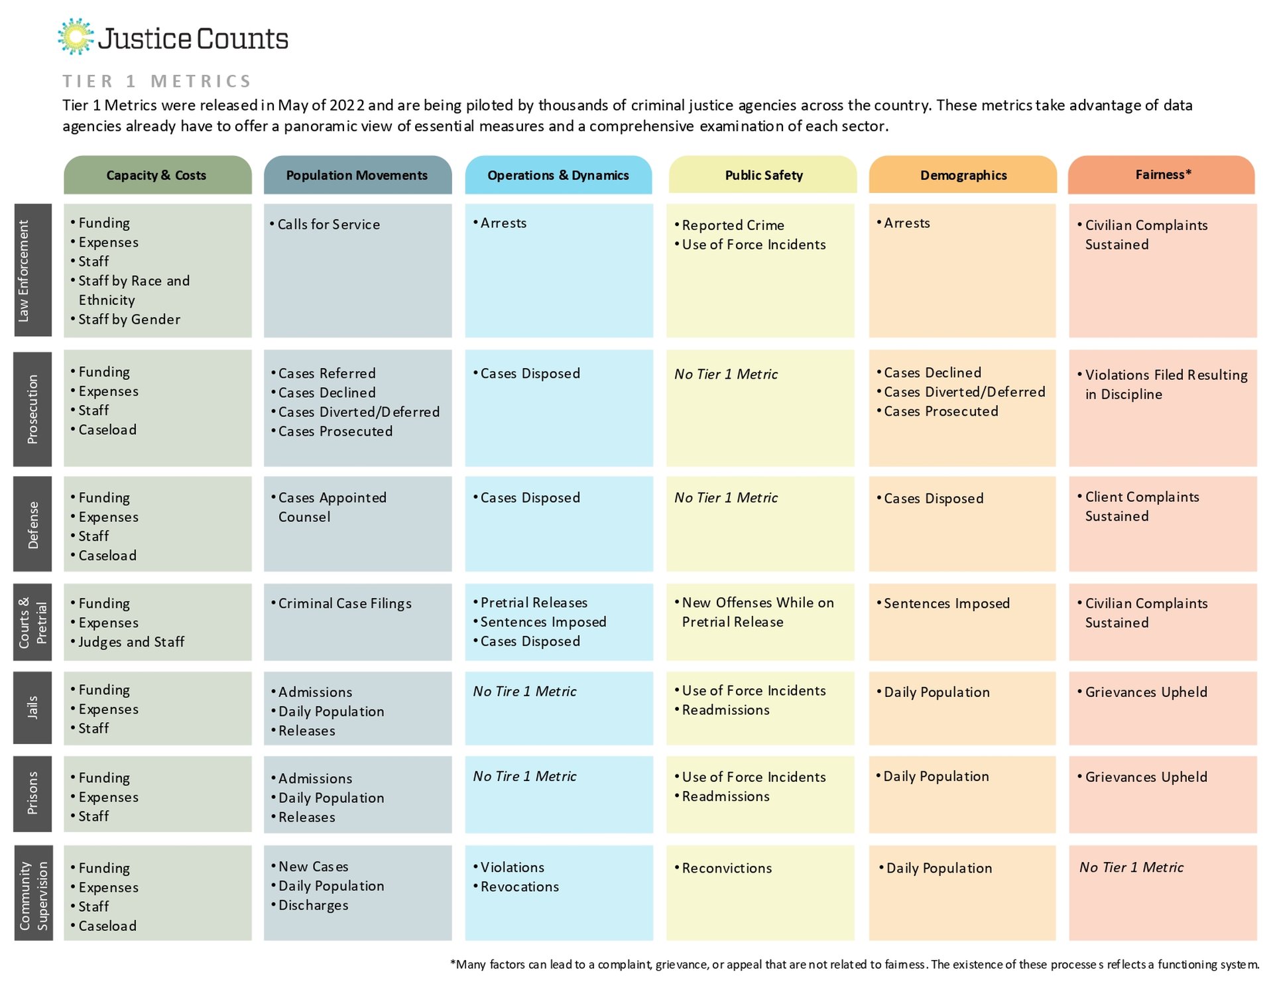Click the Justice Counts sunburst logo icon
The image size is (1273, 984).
click(76, 36)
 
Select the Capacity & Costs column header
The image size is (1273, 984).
click(158, 175)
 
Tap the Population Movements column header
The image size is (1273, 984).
click(357, 175)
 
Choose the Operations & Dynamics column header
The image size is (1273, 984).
click(558, 175)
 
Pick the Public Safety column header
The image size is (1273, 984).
click(762, 175)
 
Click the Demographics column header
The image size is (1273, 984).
click(963, 175)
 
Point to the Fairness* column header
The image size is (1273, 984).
click(1162, 175)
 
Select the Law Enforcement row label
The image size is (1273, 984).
click(32, 270)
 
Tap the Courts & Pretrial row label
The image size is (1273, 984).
click(32, 622)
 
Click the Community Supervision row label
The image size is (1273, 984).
click(32, 892)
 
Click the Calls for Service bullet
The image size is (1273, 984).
click(325, 225)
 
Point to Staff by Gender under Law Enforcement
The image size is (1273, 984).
click(125, 320)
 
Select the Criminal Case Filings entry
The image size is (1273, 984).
click(341, 603)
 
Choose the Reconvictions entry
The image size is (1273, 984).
click(723, 868)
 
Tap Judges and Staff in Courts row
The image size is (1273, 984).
click(127, 642)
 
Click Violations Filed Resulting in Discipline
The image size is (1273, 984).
click(1162, 385)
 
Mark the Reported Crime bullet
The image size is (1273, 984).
click(729, 225)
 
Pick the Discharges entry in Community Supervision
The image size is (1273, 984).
click(309, 906)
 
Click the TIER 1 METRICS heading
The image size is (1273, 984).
click(157, 82)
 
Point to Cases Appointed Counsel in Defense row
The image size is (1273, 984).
click(328, 507)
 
